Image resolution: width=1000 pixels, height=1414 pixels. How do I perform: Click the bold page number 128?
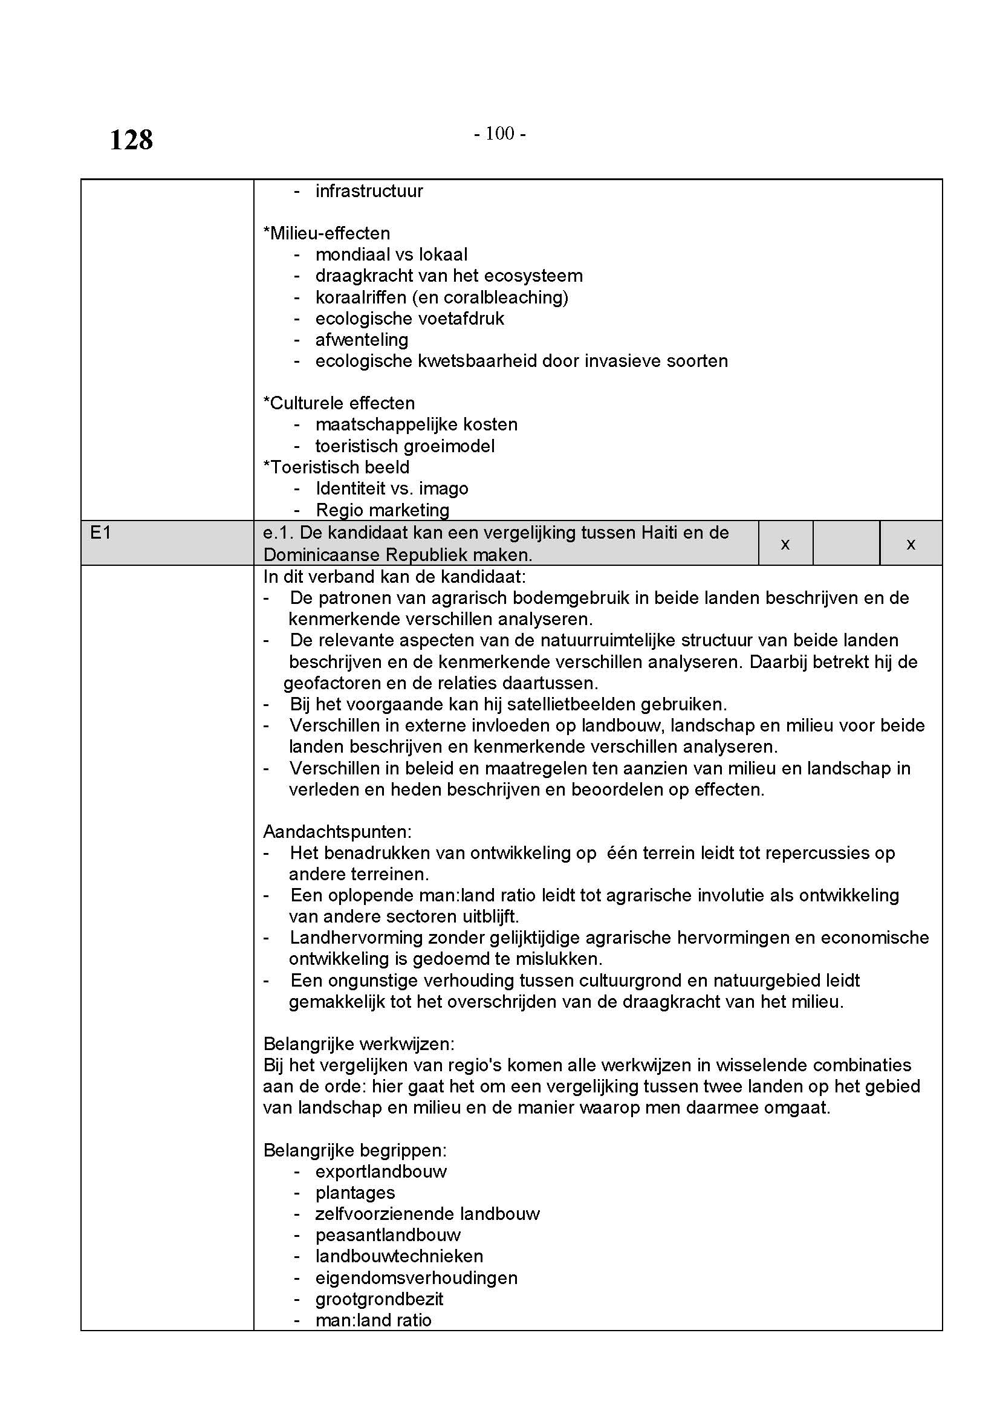click(131, 140)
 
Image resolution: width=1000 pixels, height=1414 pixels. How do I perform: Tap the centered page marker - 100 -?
click(499, 133)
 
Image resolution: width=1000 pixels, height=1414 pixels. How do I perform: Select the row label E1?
click(100, 533)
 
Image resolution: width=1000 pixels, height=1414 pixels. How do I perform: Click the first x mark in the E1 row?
click(785, 544)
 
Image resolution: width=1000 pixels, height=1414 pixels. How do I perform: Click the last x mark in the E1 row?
click(911, 544)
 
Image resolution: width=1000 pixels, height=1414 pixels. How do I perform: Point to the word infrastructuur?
click(369, 191)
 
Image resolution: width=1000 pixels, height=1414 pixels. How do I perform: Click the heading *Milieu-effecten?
click(326, 233)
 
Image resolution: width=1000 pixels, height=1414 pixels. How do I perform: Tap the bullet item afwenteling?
click(362, 340)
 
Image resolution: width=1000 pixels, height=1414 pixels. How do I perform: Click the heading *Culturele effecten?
click(339, 403)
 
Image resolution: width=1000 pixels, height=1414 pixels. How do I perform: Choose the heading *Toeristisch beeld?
click(336, 467)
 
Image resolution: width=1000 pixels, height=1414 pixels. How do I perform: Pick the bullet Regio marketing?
click(382, 510)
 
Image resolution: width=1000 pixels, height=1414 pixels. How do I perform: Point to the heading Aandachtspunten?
click(337, 832)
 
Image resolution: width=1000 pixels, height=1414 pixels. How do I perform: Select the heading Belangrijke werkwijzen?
click(359, 1045)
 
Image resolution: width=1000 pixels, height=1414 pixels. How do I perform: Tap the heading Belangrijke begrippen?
click(356, 1150)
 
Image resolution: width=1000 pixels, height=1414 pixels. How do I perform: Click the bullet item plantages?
click(356, 1193)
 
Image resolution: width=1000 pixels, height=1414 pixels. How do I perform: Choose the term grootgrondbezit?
click(379, 1300)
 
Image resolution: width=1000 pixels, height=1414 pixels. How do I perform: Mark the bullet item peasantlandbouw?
click(388, 1236)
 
